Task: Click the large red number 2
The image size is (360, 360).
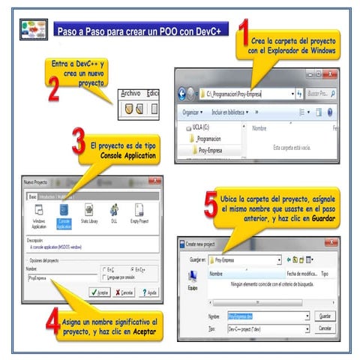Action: coord(54,95)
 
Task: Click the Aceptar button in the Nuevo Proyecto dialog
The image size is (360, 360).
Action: coord(98,292)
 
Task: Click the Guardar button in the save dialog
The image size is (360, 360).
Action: coord(324,316)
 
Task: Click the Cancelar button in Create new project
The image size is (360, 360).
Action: coord(324,329)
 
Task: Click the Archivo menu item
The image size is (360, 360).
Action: coord(130,93)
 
